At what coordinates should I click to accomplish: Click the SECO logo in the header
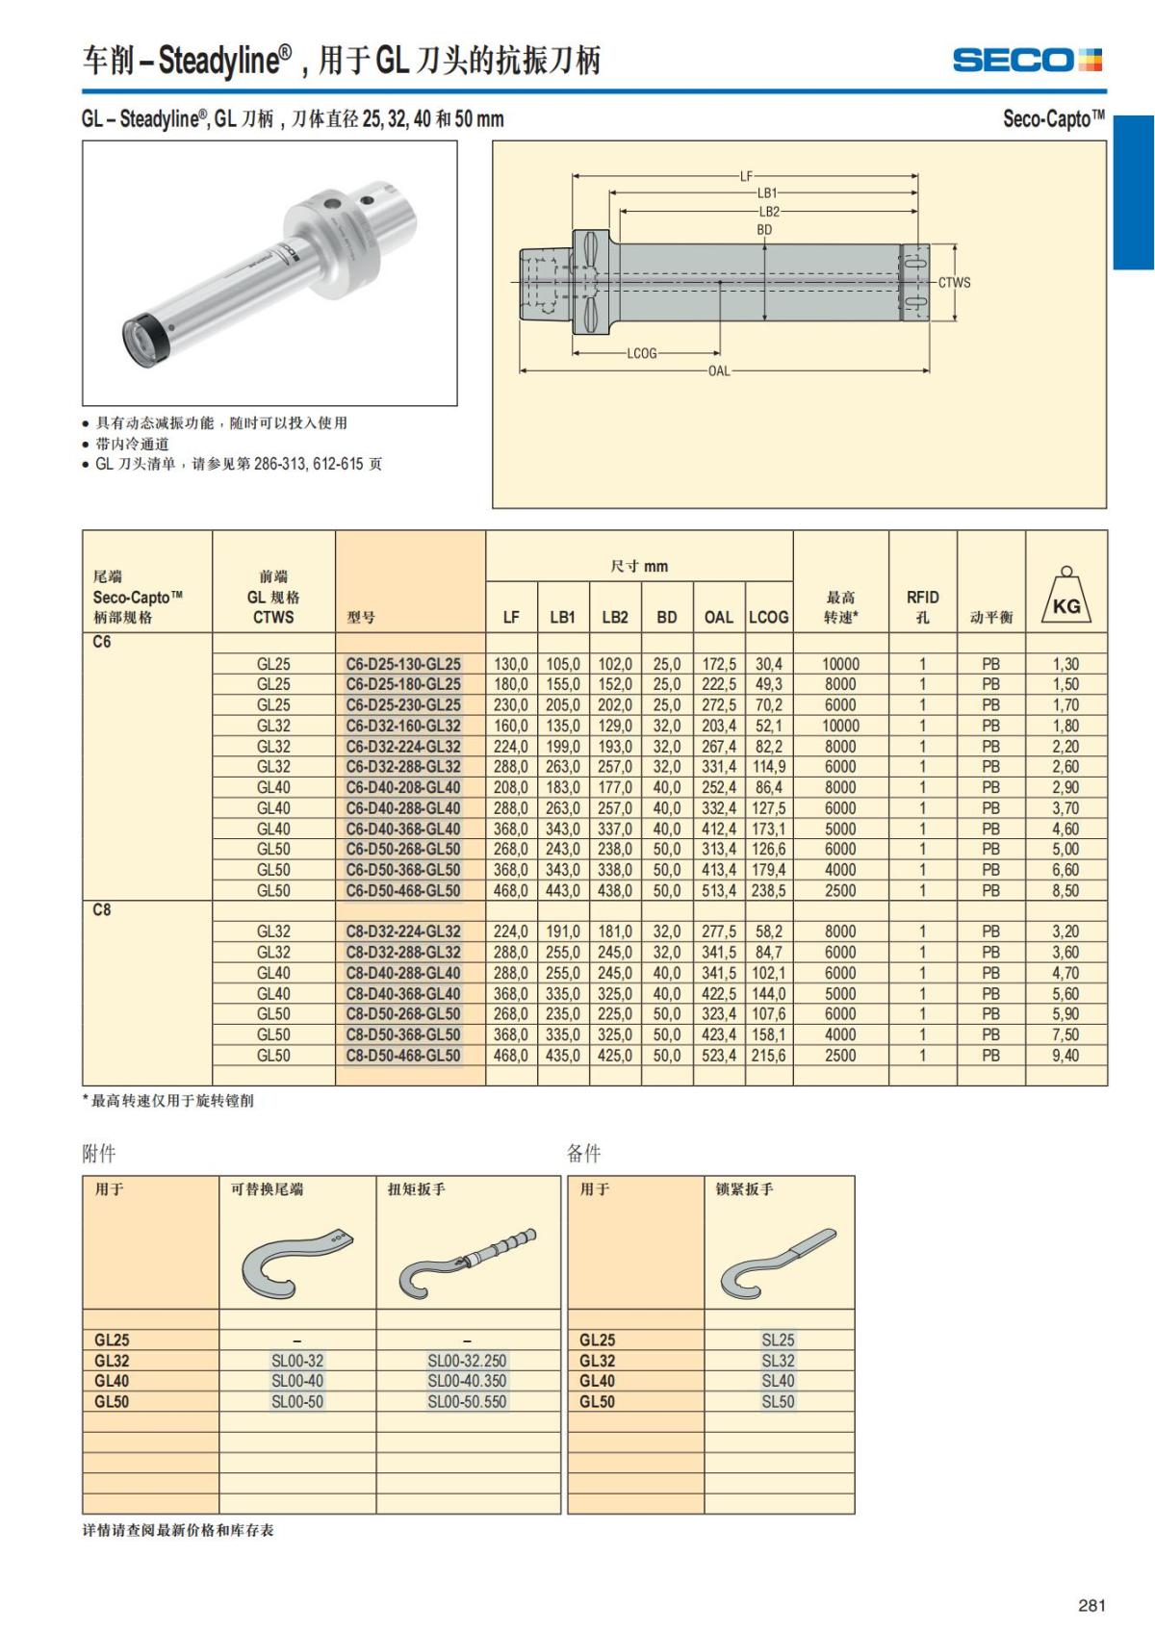click(1027, 60)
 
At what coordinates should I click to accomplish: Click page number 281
click(1091, 1605)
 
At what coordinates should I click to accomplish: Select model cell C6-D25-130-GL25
click(403, 664)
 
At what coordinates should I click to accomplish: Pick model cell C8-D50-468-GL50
click(403, 1056)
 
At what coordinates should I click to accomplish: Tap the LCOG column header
click(768, 617)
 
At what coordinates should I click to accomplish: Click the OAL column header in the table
click(718, 617)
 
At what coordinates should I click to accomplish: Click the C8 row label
click(101, 910)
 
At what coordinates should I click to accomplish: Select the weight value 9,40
click(1065, 1056)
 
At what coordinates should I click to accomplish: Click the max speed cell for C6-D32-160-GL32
click(840, 726)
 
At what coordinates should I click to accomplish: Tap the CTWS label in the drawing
click(954, 283)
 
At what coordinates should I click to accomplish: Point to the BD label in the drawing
click(764, 230)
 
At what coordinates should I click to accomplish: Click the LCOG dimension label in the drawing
click(642, 353)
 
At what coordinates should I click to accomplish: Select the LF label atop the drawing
click(746, 176)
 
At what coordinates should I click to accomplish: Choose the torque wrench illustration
click(468, 1261)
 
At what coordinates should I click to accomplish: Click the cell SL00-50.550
click(467, 1402)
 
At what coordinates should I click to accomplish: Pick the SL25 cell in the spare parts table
click(778, 1340)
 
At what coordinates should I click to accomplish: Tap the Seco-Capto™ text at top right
click(1053, 119)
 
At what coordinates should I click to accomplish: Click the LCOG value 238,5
click(768, 891)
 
